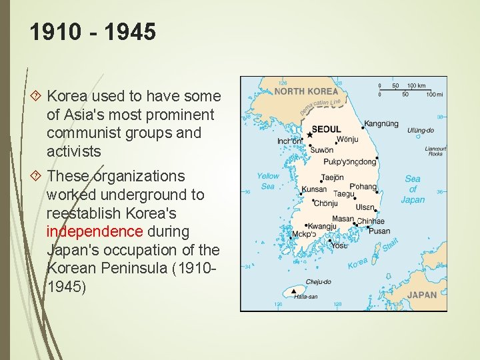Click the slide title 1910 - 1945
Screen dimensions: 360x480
tap(93, 32)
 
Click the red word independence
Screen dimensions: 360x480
tap(95, 232)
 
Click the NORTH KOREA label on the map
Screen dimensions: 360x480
tap(306, 91)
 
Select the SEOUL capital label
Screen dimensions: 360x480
tap(326, 129)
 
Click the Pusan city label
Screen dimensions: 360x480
tap(379, 231)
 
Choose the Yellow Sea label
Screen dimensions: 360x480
tap(268, 181)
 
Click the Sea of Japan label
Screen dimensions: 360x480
tap(413, 189)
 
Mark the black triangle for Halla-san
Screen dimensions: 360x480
tap(293, 291)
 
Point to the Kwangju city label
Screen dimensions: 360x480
tap(322, 227)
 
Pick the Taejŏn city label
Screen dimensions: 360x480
tap(332, 178)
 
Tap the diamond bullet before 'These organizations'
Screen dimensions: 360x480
tap(36, 176)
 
